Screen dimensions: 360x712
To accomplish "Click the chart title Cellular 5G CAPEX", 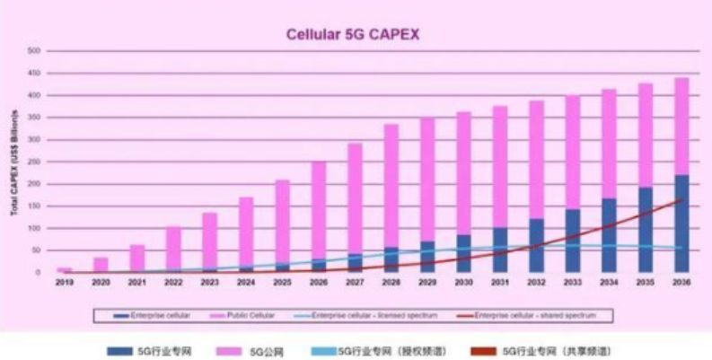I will pyautogui.click(x=353, y=35).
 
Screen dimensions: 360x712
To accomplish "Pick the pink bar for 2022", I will pyautogui.click(x=173, y=247).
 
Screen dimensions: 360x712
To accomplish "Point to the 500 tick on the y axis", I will pyautogui.click(x=35, y=51).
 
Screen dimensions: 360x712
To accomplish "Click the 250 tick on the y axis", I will pyautogui.click(x=35, y=162).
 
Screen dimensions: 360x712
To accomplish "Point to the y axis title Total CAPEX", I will pyautogui.click(x=15, y=162).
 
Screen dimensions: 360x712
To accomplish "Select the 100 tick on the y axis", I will pyautogui.click(x=35, y=228).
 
